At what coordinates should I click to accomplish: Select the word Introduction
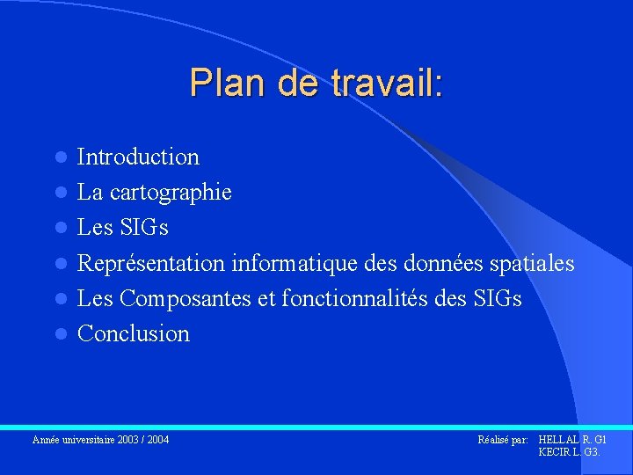(x=138, y=157)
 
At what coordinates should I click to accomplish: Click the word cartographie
(x=171, y=193)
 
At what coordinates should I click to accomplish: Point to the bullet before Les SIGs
(x=60, y=229)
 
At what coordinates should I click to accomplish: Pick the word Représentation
(x=151, y=264)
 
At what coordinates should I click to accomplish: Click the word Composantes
(x=186, y=299)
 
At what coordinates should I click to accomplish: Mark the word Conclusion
(x=134, y=334)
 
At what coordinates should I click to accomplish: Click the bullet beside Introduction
(x=60, y=158)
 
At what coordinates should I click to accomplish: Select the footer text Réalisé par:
(x=502, y=439)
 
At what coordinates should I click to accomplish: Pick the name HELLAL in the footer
(x=557, y=439)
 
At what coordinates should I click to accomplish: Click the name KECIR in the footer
(x=554, y=451)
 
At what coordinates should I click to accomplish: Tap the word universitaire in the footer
(x=85, y=439)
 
